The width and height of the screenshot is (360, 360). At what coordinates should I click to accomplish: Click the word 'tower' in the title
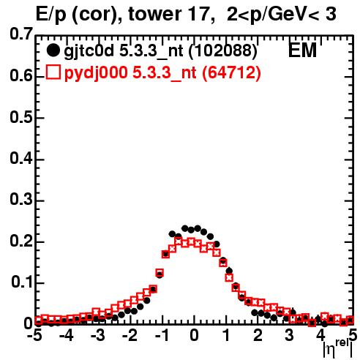(154, 14)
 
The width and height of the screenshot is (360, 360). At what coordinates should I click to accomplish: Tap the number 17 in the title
(200, 14)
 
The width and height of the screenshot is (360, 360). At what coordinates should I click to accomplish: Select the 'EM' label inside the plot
(302, 50)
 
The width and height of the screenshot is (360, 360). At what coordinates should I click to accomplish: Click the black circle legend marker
(53, 50)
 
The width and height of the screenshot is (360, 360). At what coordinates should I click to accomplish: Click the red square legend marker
(53, 72)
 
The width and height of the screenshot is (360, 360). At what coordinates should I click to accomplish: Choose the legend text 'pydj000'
(96, 73)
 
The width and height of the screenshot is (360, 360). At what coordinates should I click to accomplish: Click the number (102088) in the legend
(223, 50)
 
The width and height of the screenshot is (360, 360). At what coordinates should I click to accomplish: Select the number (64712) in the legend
(231, 72)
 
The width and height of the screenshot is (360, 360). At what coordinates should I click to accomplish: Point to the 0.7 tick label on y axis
(21, 34)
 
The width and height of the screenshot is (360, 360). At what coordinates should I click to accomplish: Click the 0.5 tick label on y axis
(21, 118)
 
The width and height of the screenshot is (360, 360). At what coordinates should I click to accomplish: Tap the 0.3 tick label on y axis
(21, 200)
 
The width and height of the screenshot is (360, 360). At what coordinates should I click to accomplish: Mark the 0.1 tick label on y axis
(22, 282)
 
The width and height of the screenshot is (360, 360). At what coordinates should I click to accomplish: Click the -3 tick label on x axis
(98, 336)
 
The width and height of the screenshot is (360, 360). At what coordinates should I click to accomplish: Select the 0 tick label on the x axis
(194, 336)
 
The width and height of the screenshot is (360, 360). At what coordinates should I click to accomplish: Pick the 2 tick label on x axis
(258, 336)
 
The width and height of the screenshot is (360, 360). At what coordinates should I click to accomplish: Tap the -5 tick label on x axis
(34, 336)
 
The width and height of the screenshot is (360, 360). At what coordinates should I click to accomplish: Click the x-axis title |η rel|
(338, 349)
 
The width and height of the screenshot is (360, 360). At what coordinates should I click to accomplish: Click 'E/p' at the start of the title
(51, 15)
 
